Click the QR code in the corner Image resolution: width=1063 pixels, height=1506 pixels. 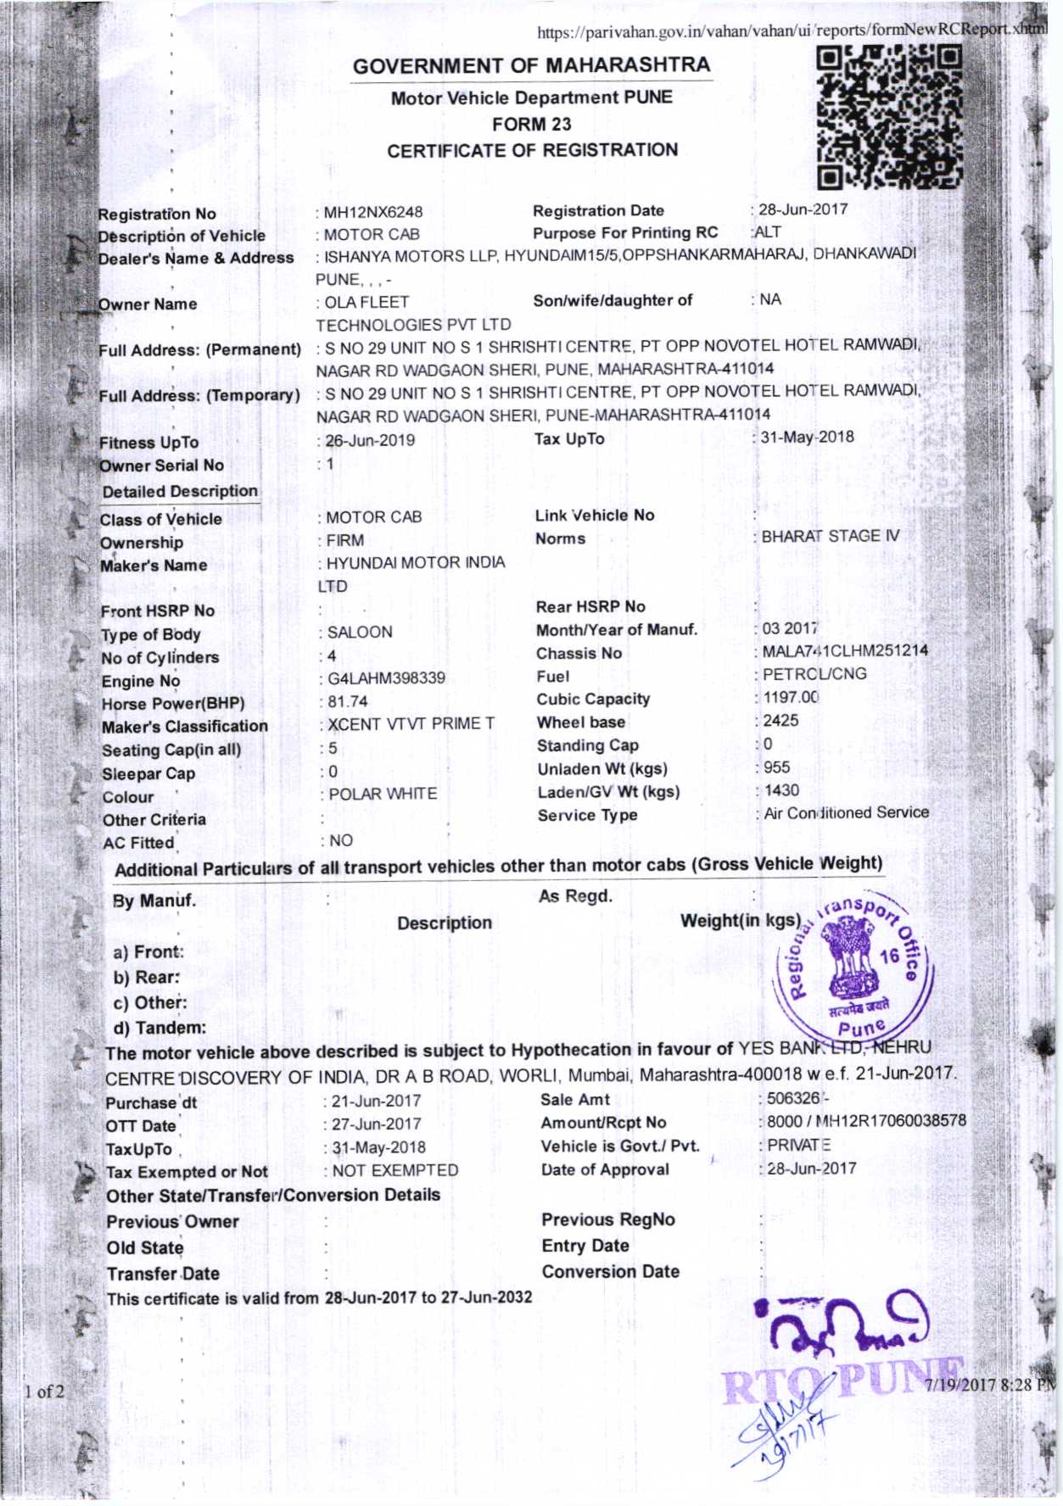pos(889,117)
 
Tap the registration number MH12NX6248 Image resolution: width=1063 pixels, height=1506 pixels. pos(373,212)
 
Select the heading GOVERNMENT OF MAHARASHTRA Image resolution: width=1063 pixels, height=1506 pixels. pos(531,65)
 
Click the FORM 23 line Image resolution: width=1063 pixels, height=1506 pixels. pos(531,124)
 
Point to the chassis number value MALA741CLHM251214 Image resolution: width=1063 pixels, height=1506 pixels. pos(845,650)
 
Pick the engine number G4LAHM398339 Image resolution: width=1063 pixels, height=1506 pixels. pos(386,678)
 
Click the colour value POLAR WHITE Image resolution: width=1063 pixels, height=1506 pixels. pos(383,794)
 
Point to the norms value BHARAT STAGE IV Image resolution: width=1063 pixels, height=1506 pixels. pos(830,536)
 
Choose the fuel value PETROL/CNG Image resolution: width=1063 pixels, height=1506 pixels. pos(814,674)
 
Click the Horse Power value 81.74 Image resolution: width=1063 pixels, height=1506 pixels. pos(348,701)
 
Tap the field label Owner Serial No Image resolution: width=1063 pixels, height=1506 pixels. pos(161,466)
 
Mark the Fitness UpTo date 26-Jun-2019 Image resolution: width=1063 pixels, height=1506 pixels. pos(371,440)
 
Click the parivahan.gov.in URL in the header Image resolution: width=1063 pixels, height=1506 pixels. pos(792,31)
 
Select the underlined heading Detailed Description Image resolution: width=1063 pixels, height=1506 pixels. pos(180,491)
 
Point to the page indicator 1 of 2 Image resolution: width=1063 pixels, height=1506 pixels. pos(44,1391)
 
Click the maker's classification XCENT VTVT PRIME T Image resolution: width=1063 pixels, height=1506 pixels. pos(411,724)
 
